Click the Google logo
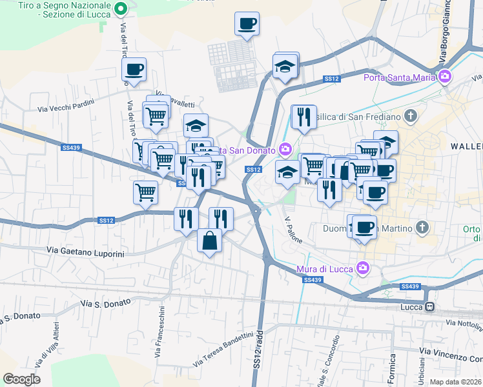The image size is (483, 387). (x=22, y=379)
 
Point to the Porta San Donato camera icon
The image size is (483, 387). (x=284, y=150)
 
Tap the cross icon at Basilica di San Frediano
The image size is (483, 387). (x=409, y=116)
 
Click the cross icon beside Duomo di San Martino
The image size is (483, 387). (x=422, y=228)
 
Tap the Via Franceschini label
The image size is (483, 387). (x=159, y=332)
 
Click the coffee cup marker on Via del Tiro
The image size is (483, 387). (x=134, y=70)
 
